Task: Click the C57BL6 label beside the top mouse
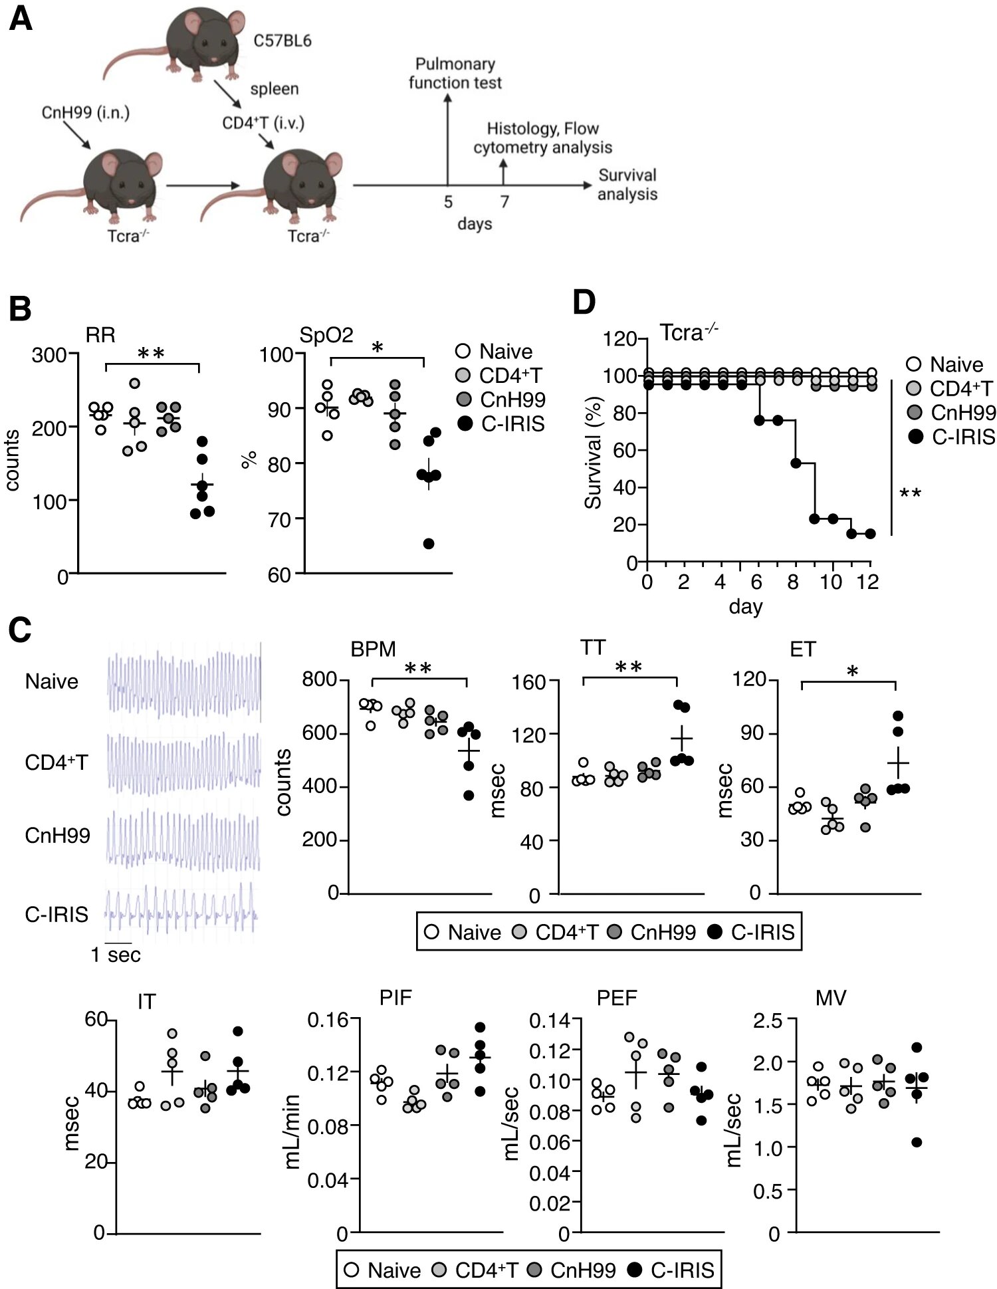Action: coord(282,41)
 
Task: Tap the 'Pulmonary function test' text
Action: coord(455,73)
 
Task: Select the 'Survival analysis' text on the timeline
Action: coord(627,184)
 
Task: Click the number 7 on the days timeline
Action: coord(505,201)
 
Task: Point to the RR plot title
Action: coord(100,335)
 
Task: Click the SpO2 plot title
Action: coord(326,334)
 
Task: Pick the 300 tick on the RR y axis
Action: coord(49,355)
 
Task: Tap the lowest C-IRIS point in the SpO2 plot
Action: coord(429,544)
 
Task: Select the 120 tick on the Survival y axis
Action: coord(620,339)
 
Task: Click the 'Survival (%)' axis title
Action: coord(593,453)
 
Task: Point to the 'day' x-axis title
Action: coord(746,607)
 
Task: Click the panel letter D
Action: coord(584,302)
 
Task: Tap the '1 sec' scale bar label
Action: coord(116,955)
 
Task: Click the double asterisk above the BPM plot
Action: coord(419,669)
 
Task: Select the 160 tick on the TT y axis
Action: coord(530,681)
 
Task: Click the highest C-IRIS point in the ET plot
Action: coord(898,716)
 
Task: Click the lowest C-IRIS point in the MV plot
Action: coord(917,1142)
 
